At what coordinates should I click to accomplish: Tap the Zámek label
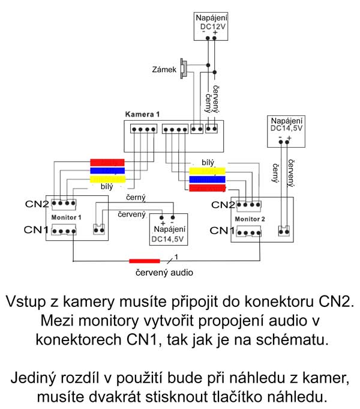click(165, 70)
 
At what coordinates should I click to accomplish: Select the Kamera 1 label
click(142, 114)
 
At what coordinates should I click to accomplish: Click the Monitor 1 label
click(66, 216)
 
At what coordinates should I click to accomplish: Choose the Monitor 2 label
click(250, 219)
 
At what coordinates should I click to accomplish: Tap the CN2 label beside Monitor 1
click(37, 204)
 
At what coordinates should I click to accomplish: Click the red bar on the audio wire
click(145, 261)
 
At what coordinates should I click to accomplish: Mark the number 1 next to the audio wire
click(176, 256)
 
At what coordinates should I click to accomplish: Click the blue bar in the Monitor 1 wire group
click(107, 170)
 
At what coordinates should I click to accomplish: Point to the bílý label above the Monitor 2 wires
click(208, 162)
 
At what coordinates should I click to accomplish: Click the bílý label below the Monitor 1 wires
click(98, 187)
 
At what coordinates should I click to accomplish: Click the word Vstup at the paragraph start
click(28, 301)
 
